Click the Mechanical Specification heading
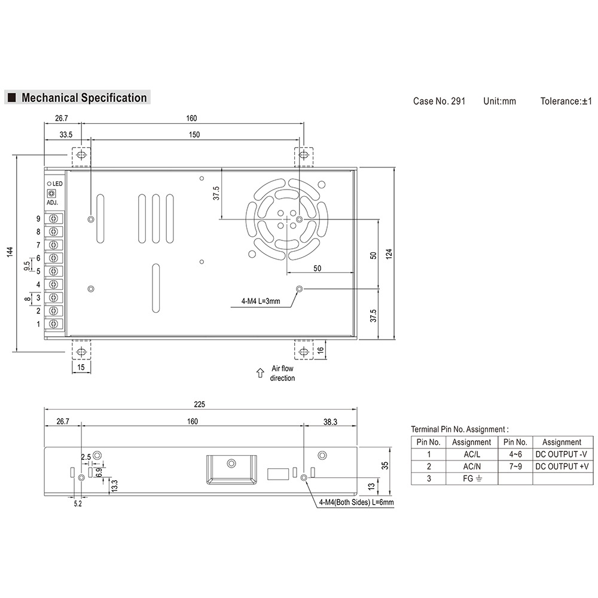84,97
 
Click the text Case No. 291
439,101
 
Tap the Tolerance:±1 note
566,101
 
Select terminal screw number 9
54,218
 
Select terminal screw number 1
54,324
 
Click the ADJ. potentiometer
51,193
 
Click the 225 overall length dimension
200,405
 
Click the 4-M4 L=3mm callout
260,301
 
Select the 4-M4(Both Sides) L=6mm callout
356,502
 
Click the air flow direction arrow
260,373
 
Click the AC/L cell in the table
471,454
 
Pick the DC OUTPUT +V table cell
562,466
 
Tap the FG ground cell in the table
471,479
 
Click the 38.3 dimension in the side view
330,422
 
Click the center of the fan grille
286,219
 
